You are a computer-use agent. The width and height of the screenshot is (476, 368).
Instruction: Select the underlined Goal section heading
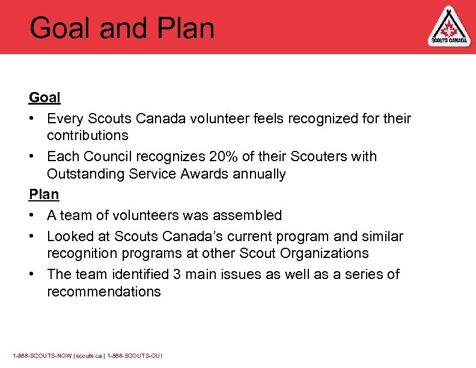tap(44, 97)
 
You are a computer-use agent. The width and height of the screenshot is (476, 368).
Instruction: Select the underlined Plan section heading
tap(44, 194)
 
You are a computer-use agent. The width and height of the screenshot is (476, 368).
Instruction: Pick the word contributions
tap(87, 136)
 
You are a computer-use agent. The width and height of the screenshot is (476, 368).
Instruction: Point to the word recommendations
tap(103, 292)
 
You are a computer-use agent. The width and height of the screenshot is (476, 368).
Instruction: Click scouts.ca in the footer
tap(88, 356)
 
